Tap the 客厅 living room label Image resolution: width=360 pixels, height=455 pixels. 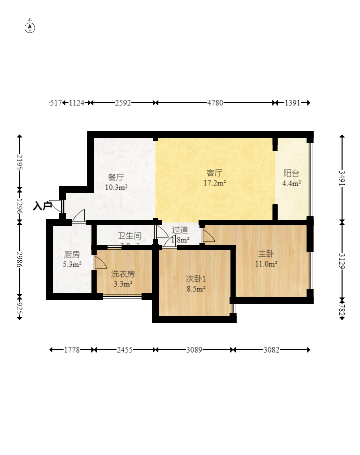coord(215,173)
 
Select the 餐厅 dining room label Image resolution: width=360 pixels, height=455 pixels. coord(116,177)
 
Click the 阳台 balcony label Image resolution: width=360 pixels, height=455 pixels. coord(291,173)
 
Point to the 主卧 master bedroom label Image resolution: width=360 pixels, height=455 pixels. coord(266,254)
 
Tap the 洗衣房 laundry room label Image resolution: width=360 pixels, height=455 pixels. coord(123,274)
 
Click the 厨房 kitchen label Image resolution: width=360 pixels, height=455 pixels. coord(72,254)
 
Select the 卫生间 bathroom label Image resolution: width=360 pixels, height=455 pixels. coord(129,236)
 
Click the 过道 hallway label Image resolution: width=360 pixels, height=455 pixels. coord(180,230)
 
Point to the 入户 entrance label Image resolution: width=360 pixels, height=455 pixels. coord(42,205)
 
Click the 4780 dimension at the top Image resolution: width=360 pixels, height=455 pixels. coord(215,103)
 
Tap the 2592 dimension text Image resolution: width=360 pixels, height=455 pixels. coord(123,103)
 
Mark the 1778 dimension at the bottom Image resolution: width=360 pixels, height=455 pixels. coord(72,350)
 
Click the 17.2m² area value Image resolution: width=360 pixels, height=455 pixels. coord(215,183)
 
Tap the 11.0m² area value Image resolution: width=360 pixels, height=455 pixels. coord(266,264)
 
